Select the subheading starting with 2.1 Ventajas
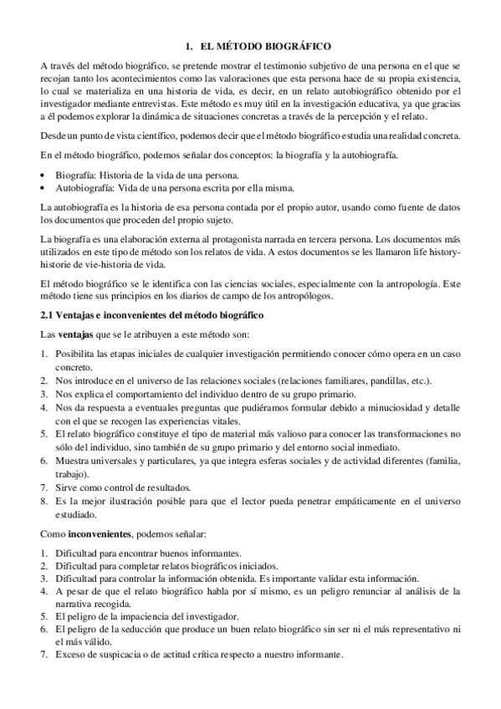(x=152, y=314)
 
